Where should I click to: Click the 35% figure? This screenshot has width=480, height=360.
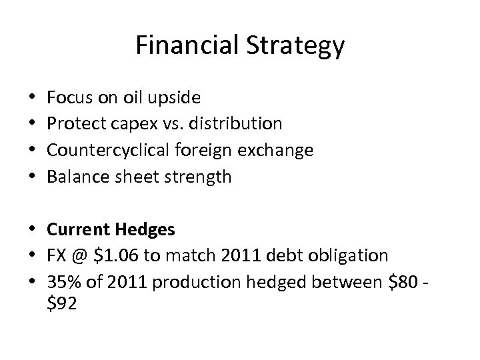pyautogui.click(x=62, y=283)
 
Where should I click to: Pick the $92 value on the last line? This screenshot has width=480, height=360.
pyautogui.click(x=62, y=304)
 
